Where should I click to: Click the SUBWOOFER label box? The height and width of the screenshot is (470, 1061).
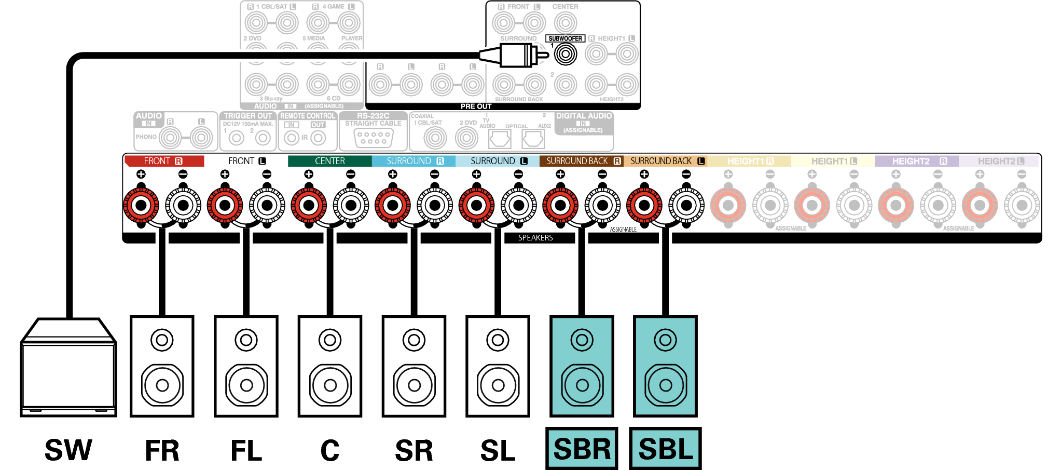point(565,38)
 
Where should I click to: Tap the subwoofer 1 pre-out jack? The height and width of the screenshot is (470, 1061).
point(566,54)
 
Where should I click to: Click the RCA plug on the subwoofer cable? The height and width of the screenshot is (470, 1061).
point(519,55)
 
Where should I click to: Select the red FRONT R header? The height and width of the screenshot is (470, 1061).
point(164,161)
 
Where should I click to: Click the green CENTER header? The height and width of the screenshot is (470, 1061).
point(329,161)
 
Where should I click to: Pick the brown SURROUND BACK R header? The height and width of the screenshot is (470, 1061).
point(581,161)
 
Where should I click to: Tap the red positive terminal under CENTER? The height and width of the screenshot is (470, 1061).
point(309,205)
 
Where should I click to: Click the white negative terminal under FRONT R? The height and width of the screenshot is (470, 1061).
point(183,205)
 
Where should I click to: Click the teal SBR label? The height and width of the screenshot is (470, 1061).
point(582,449)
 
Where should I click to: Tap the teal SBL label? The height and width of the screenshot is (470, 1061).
point(666,449)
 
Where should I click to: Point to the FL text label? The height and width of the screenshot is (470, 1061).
point(246,450)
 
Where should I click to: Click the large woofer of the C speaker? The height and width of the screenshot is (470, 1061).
point(330,385)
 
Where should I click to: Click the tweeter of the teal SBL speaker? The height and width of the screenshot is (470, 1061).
point(666,340)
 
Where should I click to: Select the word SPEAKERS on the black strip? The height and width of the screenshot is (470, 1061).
point(535,238)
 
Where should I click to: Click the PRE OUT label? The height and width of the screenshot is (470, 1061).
point(476,106)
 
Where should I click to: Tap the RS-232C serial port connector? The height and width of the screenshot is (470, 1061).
point(374,138)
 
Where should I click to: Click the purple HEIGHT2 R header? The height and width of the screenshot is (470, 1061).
point(916,161)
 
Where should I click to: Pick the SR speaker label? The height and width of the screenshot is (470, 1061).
point(414,450)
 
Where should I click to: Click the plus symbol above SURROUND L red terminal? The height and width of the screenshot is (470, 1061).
point(476,174)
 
